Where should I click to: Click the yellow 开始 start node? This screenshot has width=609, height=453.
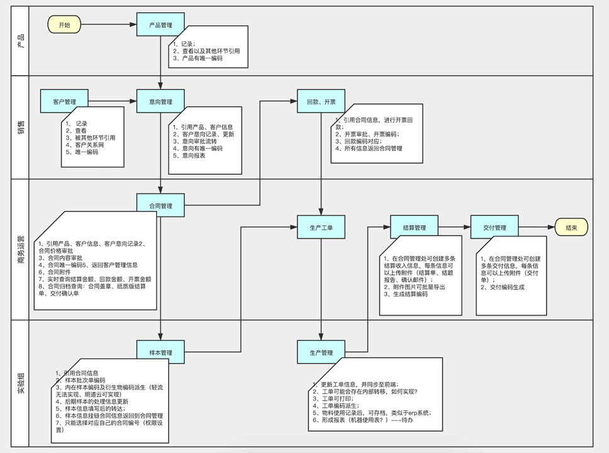(64, 25)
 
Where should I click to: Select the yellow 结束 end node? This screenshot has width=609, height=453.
(571, 227)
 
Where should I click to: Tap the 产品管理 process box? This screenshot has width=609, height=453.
(160, 25)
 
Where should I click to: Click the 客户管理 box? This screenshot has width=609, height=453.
(64, 101)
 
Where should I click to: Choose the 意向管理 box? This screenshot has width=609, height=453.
(160, 101)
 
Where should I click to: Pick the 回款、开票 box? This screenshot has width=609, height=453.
(321, 101)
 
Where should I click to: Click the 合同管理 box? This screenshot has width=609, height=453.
(160, 206)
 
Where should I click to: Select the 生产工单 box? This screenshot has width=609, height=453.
(321, 227)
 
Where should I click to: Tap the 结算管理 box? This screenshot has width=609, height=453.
(415, 227)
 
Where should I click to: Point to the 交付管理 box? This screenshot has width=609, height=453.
(494, 227)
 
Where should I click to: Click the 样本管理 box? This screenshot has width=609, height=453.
(160, 352)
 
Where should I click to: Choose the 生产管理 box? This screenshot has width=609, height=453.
(321, 352)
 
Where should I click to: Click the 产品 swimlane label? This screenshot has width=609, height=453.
(21, 40)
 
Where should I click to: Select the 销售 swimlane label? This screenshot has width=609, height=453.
(21, 127)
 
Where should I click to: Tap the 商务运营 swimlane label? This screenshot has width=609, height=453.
(21, 249)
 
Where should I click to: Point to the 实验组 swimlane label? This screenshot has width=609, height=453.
(21, 383)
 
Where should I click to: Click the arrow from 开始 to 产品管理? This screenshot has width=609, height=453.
(109, 25)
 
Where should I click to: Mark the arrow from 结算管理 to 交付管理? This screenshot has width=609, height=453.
(454, 227)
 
